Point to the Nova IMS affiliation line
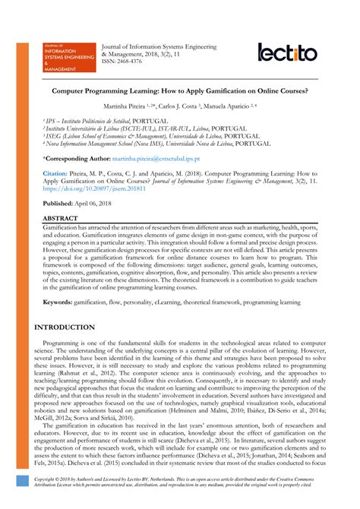pyautogui.click(x=167, y=143)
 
